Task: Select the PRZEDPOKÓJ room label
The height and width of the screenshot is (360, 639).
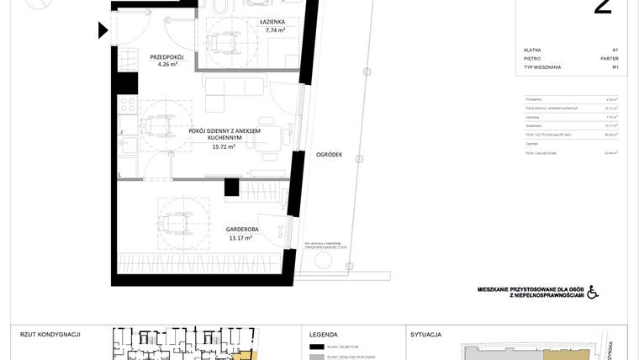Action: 166,56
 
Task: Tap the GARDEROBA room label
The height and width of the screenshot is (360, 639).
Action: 241,229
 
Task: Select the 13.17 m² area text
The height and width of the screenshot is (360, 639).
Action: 241,238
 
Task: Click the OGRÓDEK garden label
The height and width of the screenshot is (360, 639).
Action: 329,154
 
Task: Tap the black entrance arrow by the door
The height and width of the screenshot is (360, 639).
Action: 103,31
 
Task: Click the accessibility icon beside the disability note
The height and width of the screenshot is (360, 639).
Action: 592,292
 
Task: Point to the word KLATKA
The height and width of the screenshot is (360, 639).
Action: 532,50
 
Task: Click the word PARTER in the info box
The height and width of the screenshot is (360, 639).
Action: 610,59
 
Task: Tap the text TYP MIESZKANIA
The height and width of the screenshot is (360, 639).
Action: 541,67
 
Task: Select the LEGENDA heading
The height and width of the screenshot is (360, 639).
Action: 324,334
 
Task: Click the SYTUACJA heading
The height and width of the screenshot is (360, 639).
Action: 426,334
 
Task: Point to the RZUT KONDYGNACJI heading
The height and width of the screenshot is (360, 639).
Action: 50,334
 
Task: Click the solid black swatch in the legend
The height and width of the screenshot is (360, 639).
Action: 317,347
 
